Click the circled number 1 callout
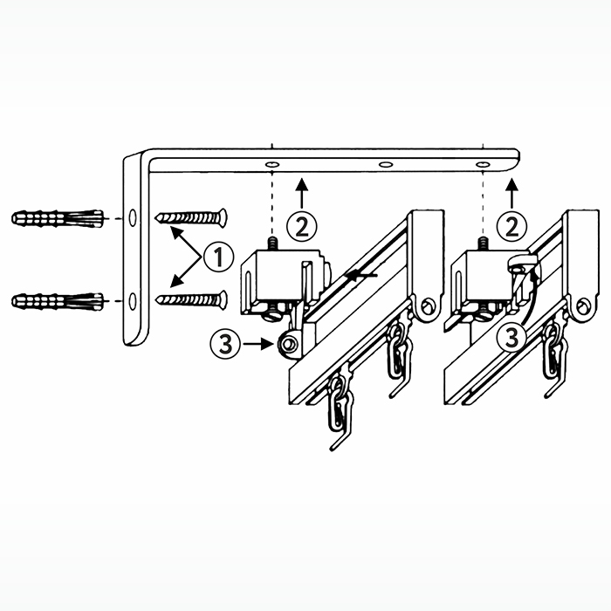point(219,257)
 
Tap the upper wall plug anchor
point(58,218)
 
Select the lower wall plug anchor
point(58,301)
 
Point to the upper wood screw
point(191,217)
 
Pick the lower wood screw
point(191,299)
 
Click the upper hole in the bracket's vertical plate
point(133,217)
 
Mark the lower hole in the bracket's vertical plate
point(133,301)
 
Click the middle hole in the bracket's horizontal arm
point(386,164)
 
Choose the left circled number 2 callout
point(302,226)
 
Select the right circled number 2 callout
point(512,226)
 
